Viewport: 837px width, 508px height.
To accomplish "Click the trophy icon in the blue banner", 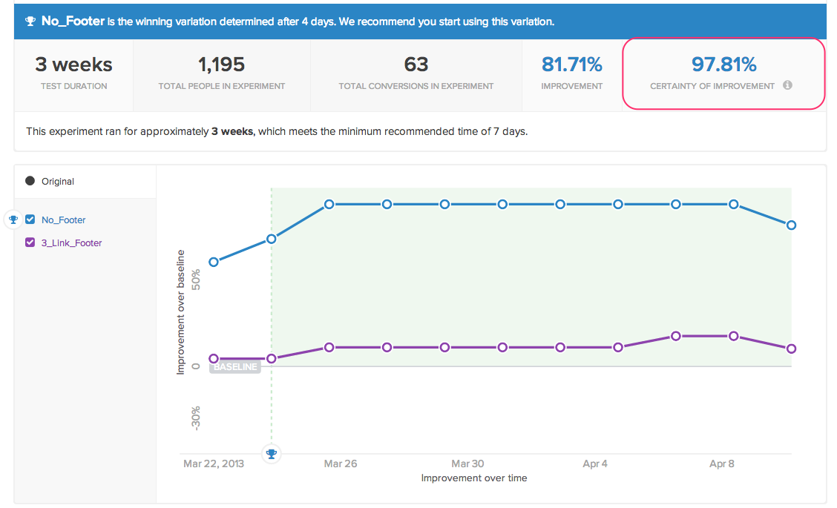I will [x=30, y=22].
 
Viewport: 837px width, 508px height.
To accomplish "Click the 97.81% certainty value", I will [x=723, y=65].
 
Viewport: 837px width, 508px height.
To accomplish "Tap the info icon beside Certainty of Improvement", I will [x=787, y=85].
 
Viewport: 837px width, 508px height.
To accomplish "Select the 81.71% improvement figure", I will [x=571, y=65].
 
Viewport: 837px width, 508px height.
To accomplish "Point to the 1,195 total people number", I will [x=221, y=65].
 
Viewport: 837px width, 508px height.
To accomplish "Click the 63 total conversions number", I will [x=416, y=65].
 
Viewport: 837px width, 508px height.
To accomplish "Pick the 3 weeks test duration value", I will [x=73, y=65].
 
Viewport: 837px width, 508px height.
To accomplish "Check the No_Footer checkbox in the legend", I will [x=30, y=220].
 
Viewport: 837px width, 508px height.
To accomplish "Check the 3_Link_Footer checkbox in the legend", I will [x=30, y=243].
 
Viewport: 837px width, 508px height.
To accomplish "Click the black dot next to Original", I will [x=30, y=181].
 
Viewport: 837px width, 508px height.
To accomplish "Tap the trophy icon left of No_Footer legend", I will [x=13, y=220].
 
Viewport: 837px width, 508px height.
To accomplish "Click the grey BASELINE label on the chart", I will [x=235, y=367].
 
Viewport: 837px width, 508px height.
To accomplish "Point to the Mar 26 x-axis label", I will [x=340, y=464].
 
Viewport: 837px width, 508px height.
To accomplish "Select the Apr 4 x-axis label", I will [x=595, y=464].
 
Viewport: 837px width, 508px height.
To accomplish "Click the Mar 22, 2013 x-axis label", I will [x=214, y=464].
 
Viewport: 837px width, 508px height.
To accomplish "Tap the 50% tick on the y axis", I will [x=196, y=280].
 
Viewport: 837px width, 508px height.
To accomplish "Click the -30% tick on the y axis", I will [x=196, y=418].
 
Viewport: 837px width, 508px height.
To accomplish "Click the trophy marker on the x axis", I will [x=272, y=454].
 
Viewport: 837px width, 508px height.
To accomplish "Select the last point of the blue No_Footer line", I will [x=792, y=225].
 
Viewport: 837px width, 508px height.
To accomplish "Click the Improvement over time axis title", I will [x=474, y=478].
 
